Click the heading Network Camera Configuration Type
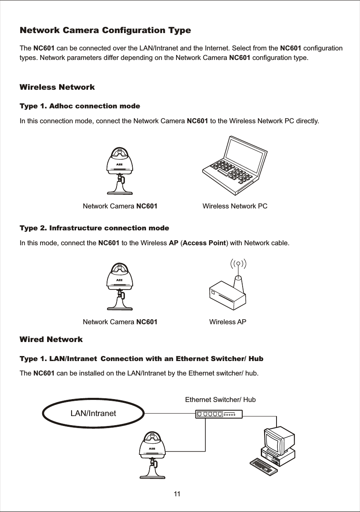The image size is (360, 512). click(x=105, y=31)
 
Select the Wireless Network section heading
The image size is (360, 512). click(x=57, y=87)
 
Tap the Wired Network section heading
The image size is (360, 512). click(x=51, y=340)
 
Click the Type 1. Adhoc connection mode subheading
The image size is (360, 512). click(x=80, y=106)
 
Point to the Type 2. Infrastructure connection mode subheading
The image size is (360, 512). click(x=94, y=228)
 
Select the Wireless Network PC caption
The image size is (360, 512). click(x=235, y=206)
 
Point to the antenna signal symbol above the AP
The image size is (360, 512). click(x=238, y=263)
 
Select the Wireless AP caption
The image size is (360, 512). click(x=228, y=322)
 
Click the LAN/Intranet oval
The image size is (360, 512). click(x=93, y=414)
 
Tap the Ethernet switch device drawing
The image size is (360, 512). click(x=219, y=414)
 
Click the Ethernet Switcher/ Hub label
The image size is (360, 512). click(x=220, y=400)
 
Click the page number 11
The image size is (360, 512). click(x=178, y=494)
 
